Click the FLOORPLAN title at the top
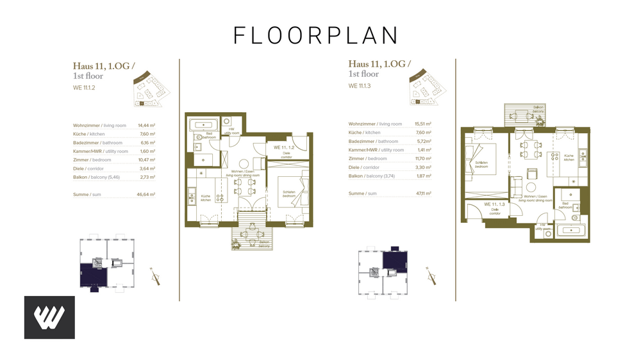(315, 35)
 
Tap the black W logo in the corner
(49, 317)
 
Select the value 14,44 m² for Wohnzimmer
(147, 126)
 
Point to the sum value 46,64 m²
(147, 193)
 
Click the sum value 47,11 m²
(422, 193)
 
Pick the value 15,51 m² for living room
(422, 124)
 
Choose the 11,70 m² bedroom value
(422, 158)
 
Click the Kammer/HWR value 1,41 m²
(424, 150)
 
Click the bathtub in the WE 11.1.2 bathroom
(204, 122)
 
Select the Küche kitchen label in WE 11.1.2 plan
(205, 198)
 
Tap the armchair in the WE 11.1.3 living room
(531, 174)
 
